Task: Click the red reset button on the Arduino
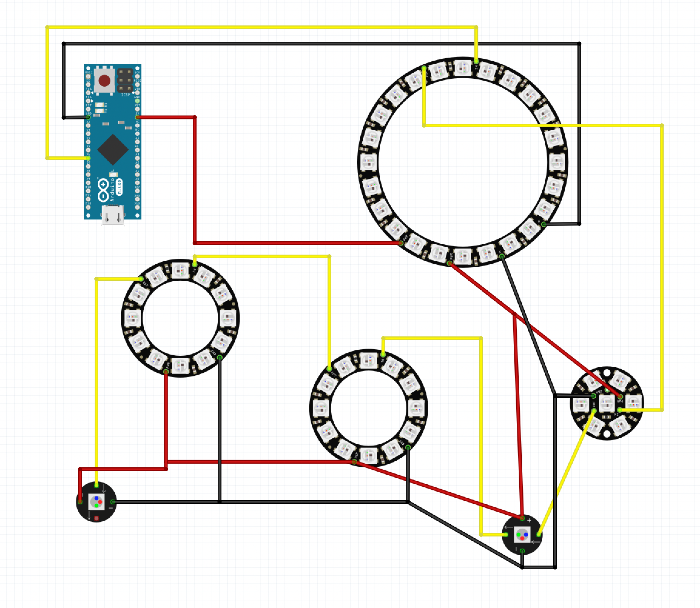(104, 81)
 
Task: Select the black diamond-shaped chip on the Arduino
(113, 149)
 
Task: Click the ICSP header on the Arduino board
(125, 81)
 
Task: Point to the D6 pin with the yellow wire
(88, 158)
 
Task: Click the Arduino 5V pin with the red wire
(137, 117)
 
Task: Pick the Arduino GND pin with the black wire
(88, 117)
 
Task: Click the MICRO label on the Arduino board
(119, 187)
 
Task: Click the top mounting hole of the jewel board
(607, 373)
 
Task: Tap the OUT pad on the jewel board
(594, 410)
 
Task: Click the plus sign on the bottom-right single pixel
(529, 520)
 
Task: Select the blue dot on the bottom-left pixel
(96, 498)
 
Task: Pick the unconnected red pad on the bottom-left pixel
(96, 518)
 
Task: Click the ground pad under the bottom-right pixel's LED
(522, 551)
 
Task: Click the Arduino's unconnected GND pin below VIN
(137, 101)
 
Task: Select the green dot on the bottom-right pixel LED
(518, 535)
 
